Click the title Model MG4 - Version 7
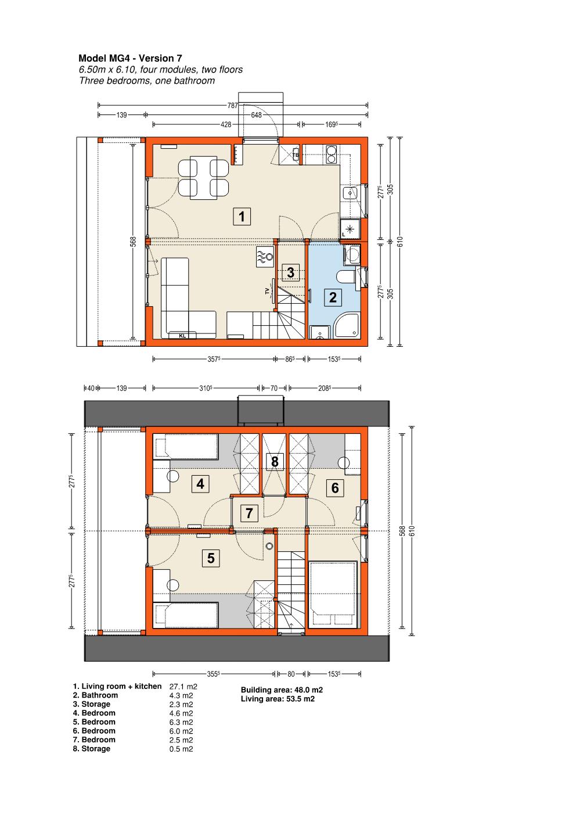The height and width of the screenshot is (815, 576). (130, 58)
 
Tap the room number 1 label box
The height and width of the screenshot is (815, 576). (242, 217)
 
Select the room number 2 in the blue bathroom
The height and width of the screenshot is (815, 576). (333, 297)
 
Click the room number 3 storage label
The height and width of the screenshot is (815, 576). (290, 272)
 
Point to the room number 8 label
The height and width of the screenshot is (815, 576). (275, 462)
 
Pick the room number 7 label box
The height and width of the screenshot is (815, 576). (249, 513)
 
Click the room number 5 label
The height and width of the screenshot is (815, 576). (211, 558)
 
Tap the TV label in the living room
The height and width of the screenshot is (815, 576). (267, 291)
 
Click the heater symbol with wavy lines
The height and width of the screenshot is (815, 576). (265, 257)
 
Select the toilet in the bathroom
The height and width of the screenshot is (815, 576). (347, 277)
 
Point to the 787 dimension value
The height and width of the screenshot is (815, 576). (232, 106)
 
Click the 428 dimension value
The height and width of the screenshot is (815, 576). (226, 124)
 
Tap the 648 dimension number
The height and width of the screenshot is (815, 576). (257, 115)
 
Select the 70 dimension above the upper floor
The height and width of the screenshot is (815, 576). (274, 388)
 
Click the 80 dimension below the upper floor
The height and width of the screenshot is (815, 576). (291, 674)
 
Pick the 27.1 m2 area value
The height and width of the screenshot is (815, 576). (183, 687)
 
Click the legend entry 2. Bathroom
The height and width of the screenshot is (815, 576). (95, 695)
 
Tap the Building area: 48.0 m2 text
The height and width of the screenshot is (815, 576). (282, 690)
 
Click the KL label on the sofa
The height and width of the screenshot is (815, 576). (182, 336)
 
